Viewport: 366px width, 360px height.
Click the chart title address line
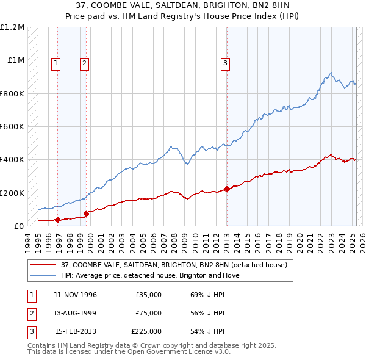183,5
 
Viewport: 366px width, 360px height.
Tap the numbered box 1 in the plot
56,62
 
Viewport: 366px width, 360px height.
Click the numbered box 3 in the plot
225,62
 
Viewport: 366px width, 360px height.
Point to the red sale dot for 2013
227,189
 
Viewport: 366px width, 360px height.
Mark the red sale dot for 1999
86,213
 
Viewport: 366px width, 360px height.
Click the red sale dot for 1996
58,220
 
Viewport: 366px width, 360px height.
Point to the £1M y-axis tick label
15,60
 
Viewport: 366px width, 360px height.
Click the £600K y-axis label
12,126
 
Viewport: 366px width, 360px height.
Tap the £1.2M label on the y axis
12,27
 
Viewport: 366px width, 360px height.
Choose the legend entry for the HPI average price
150,275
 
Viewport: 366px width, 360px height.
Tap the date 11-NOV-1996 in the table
76,295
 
